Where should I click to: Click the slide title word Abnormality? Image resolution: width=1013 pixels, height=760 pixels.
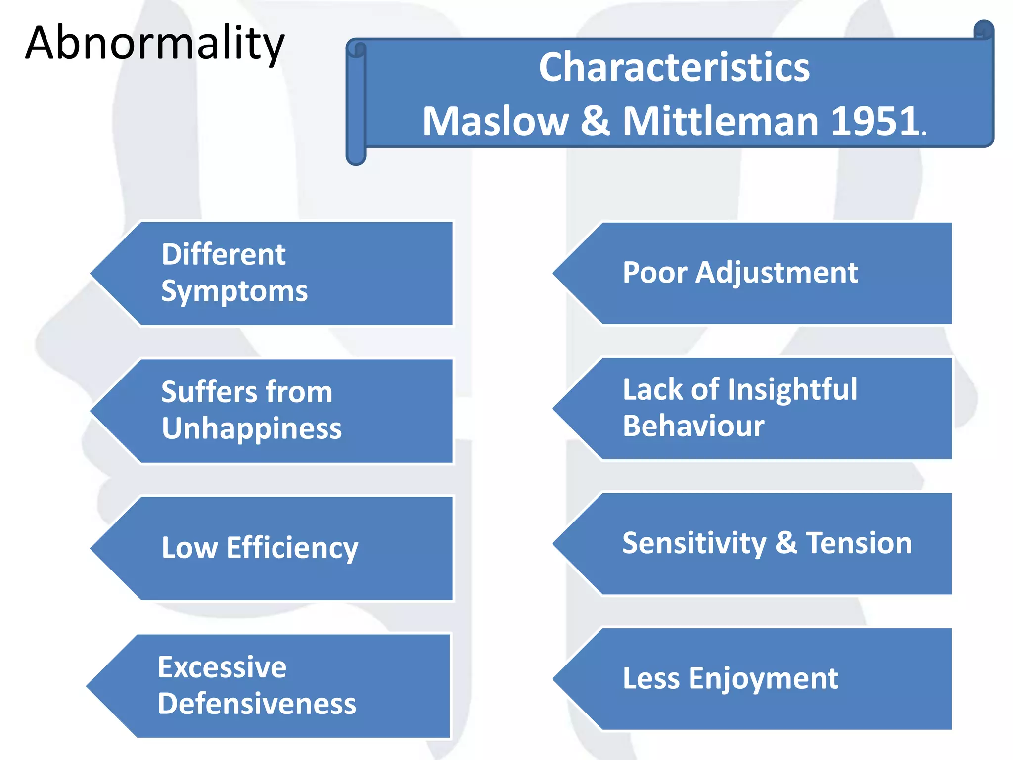click(154, 44)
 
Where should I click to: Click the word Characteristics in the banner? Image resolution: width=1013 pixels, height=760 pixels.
click(674, 67)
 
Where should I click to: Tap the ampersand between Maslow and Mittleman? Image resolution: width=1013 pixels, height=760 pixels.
click(595, 121)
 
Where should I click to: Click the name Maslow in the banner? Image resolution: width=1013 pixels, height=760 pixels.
click(495, 121)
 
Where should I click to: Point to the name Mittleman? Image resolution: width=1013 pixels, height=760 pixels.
click(721, 121)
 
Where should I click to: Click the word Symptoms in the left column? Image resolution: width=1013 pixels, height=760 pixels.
click(234, 291)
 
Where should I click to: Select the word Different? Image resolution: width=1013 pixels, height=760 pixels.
click(224, 254)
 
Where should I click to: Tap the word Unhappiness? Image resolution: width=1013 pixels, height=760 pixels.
click(251, 428)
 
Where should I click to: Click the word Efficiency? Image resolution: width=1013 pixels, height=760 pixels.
click(292, 548)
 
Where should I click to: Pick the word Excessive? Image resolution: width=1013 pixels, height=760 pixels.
click(222, 667)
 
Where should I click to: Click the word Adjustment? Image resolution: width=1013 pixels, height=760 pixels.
click(777, 273)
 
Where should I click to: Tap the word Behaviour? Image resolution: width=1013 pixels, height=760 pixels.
click(693, 426)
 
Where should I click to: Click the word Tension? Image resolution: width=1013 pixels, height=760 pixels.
click(859, 543)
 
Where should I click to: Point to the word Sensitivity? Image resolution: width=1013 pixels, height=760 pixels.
click(694, 543)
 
